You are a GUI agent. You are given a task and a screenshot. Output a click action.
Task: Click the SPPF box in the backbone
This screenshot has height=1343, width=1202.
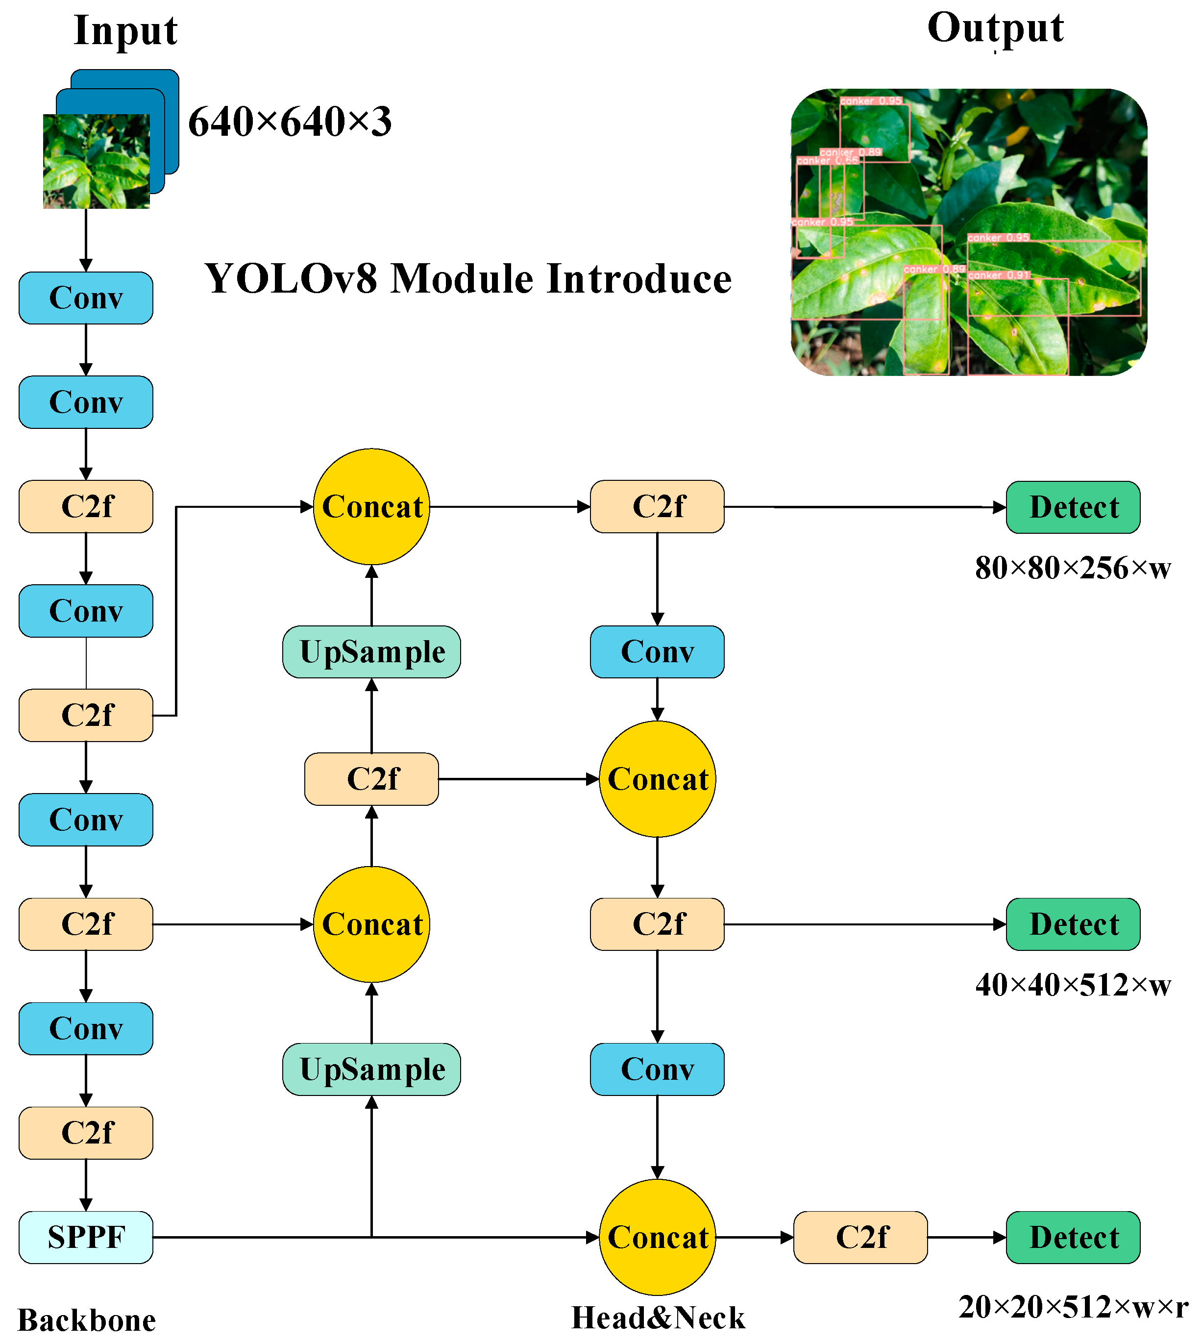click(86, 1237)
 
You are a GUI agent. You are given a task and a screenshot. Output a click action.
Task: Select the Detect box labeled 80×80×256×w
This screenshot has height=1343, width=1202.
click(1073, 507)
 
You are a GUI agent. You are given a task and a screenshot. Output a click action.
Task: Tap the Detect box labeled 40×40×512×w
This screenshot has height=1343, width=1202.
click(1073, 924)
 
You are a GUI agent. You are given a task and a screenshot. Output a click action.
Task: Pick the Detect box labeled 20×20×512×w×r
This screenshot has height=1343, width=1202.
click(1073, 1237)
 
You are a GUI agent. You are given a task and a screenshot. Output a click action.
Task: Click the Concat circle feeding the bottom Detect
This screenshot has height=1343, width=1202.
click(657, 1237)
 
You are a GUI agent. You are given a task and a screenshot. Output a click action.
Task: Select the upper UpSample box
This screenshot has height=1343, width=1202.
click(371, 652)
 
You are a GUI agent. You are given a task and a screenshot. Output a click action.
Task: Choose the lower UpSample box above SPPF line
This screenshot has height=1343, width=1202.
click(371, 1069)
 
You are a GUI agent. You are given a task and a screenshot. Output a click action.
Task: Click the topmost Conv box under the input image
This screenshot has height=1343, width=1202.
click(86, 298)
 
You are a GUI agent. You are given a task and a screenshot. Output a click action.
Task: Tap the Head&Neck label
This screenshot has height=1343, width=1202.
click(658, 1318)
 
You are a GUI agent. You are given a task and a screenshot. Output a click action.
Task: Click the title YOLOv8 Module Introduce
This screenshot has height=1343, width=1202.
click(467, 279)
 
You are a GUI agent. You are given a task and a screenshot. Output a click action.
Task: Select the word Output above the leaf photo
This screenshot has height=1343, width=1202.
click(995, 28)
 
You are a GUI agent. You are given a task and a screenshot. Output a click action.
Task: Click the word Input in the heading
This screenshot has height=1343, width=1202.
click(125, 31)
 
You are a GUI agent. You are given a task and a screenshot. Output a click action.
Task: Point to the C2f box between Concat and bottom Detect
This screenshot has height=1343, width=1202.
click(860, 1237)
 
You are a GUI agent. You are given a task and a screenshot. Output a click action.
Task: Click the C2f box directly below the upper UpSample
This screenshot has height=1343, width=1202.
click(371, 779)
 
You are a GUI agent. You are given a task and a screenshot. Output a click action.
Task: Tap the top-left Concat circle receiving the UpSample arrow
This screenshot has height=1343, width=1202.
click(371, 507)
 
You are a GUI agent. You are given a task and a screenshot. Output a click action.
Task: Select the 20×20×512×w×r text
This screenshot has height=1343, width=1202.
click(1073, 1307)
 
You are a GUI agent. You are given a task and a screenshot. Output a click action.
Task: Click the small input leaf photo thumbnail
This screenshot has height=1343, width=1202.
click(97, 161)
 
